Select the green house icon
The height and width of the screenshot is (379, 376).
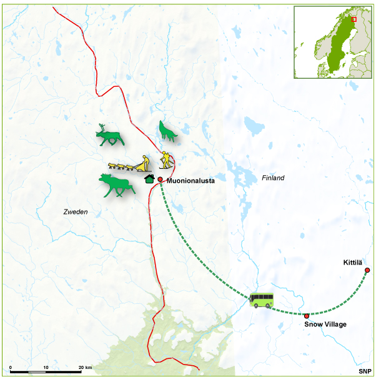(x=149, y=179)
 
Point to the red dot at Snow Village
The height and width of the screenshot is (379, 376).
(x=306, y=316)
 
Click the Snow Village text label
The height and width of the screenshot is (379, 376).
(x=325, y=325)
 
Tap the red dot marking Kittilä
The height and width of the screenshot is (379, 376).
(x=367, y=270)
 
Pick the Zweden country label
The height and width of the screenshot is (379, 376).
(x=76, y=213)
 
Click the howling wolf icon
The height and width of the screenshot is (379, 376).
(x=167, y=130)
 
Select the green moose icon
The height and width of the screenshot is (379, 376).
(x=116, y=185)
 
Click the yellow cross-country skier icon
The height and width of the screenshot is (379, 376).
(x=165, y=160)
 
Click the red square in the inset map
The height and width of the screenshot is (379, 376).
(x=354, y=19)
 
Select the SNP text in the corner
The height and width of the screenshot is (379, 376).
(x=365, y=371)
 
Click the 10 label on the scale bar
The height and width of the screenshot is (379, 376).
(x=46, y=367)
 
